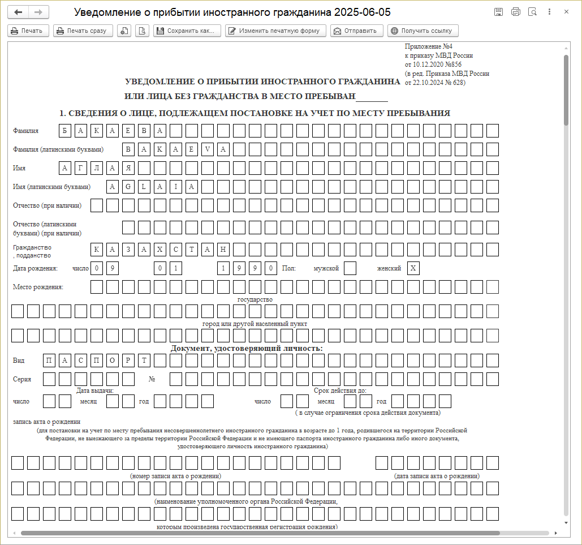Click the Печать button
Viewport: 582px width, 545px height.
28,31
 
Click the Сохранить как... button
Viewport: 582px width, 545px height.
187,31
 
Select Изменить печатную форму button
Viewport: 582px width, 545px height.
275,31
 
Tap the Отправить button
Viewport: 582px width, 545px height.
357,31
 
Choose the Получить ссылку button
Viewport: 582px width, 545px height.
423,31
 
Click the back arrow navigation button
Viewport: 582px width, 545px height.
19,12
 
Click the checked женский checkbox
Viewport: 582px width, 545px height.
413,268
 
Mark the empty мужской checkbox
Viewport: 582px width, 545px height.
350,268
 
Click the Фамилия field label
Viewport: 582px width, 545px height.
26,131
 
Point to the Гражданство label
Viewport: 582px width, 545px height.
32,247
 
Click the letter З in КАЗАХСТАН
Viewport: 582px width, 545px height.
128,249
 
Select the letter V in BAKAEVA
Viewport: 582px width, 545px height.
208,149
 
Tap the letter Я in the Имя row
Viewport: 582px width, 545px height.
128,168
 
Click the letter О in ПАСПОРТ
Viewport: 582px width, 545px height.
113,361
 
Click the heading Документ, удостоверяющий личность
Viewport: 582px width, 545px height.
247,348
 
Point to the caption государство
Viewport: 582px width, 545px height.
255,299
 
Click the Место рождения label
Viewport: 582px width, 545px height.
38,287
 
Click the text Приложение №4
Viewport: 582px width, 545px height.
429,46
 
